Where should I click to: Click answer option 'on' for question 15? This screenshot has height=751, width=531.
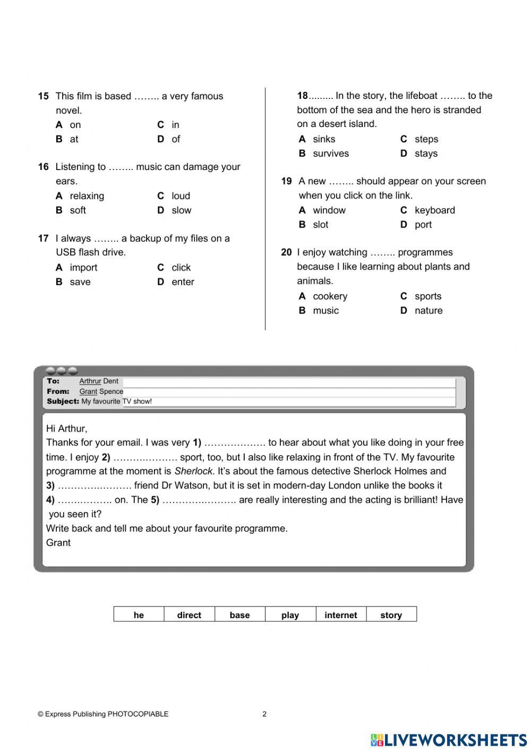pyautogui.click(x=75, y=125)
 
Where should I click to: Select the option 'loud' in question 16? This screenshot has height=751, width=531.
pyautogui.click(x=181, y=196)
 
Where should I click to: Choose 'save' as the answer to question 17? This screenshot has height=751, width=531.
pyautogui.click(x=80, y=282)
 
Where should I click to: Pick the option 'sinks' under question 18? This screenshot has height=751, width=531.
pyautogui.click(x=323, y=139)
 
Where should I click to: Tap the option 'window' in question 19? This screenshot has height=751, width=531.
pyautogui.click(x=329, y=210)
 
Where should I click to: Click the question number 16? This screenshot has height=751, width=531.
pyautogui.click(x=43, y=167)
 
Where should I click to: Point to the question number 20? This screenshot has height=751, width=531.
pyautogui.click(x=286, y=252)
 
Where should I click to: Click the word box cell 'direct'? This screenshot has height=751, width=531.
pyautogui.click(x=189, y=615)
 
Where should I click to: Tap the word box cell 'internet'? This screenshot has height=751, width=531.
pyautogui.click(x=340, y=615)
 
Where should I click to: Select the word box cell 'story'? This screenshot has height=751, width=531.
pyautogui.click(x=391, y=615)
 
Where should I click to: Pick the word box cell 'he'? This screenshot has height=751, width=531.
pyautogui.click(x=139, y=615)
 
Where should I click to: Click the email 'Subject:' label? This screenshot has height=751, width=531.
pyautogui.click(x=63, y=401)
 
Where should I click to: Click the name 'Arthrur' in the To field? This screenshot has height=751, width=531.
pyautogui.click(x=90, y=381)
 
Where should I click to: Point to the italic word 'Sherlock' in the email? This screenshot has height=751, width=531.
pyautogui.click(x=193, y=471)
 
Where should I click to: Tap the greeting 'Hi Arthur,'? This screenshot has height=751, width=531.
pyautogui.click(x=67, y=428)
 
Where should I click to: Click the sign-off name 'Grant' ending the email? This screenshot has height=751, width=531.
pyautogui.click(x=58, y=543)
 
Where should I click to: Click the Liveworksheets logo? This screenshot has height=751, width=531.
pyautogui.click(x=449, y=740)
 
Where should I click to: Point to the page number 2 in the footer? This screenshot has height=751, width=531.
pyautogui.click(x=264, y=714)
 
